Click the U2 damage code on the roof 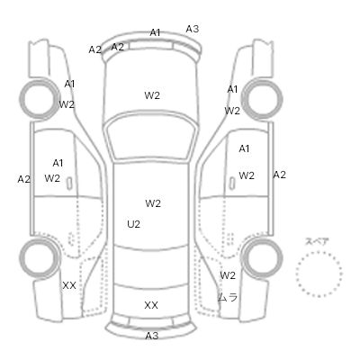133,224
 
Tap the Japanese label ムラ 228,297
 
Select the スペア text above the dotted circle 317,241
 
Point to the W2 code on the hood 152,95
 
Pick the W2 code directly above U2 153,203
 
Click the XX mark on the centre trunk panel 151,305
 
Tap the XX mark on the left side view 69,285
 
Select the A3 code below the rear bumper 151,336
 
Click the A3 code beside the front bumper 192,29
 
